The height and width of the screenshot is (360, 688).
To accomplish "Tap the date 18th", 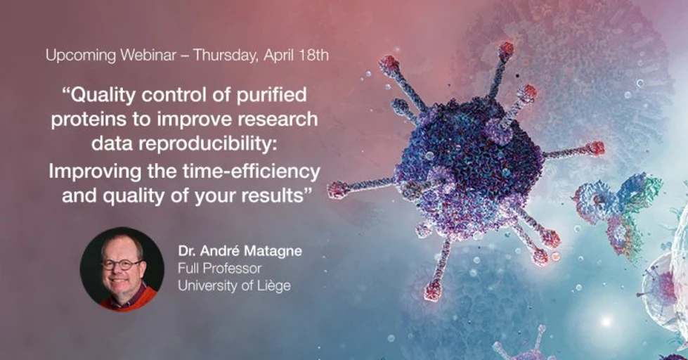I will coord(313,56).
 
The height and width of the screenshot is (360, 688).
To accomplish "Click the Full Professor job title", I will coord(219,269).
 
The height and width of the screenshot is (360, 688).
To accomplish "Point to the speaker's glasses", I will coord(122,264).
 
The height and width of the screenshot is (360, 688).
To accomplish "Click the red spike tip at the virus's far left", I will coord(337,189).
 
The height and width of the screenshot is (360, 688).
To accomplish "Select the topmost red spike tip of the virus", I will coord(506,49).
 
